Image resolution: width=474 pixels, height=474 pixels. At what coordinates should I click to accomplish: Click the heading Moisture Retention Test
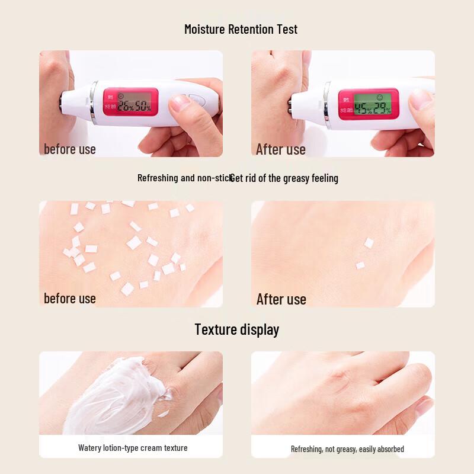tap(241, 29)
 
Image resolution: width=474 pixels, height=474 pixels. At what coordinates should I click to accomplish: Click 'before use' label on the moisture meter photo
tap(70, 149)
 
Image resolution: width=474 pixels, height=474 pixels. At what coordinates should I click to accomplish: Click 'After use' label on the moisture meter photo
tap(281, 149)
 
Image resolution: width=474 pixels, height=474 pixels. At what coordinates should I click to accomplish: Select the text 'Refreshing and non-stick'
tap(184, 178)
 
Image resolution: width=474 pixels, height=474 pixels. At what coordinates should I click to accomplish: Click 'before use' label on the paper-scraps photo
tap(70, 298)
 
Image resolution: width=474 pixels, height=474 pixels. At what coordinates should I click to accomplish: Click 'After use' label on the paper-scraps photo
tap(281, 299)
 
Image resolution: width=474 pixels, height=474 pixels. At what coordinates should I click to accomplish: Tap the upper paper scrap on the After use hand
tap(369, 242)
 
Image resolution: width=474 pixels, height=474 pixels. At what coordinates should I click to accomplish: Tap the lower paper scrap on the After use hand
tap(360, 265)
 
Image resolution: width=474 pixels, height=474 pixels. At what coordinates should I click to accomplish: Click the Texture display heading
tap(236, 329)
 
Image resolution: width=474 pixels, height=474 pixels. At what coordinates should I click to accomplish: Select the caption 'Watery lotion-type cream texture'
tap(133, 448)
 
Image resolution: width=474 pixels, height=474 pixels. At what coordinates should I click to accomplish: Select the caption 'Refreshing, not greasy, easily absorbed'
tap(347, 449)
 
